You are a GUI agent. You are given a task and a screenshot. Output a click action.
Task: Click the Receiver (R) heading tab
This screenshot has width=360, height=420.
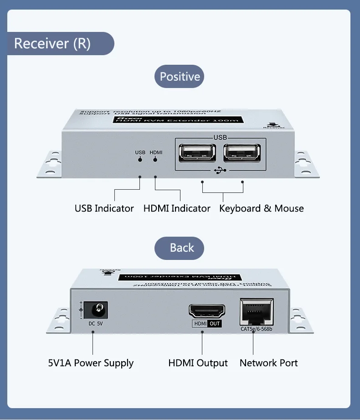tap(52, 44)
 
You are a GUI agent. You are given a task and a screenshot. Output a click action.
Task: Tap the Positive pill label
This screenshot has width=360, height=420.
tap(180, 77)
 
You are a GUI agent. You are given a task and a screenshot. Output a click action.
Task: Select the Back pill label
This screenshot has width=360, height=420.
tap(181, 248)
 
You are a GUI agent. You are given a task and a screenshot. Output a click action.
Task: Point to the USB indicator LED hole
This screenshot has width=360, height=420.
tap(140, 160)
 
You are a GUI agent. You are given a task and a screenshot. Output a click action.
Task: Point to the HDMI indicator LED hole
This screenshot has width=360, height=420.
tap(156, 160)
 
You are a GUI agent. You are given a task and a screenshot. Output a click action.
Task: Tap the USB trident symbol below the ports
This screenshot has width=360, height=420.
tap(220, 171)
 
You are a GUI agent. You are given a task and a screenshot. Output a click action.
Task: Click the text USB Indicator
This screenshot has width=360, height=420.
tap(104, 208)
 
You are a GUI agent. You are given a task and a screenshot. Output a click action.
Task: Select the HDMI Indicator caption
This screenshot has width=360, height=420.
tap(177, 208)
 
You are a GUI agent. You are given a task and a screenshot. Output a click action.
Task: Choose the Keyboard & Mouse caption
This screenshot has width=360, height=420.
tap(261, 208)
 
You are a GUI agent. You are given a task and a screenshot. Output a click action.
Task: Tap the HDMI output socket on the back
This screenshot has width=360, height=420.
tap(207, 311)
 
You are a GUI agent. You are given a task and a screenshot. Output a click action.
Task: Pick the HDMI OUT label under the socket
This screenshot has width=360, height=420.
tap(207, 324)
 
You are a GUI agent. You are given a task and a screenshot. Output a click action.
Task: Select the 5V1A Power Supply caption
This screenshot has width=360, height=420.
tap(91, 363)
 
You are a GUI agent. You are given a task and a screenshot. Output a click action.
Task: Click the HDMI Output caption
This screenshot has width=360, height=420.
tap(198, 363)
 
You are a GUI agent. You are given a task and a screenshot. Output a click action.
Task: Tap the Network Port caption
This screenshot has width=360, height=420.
tap(268, 363)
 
